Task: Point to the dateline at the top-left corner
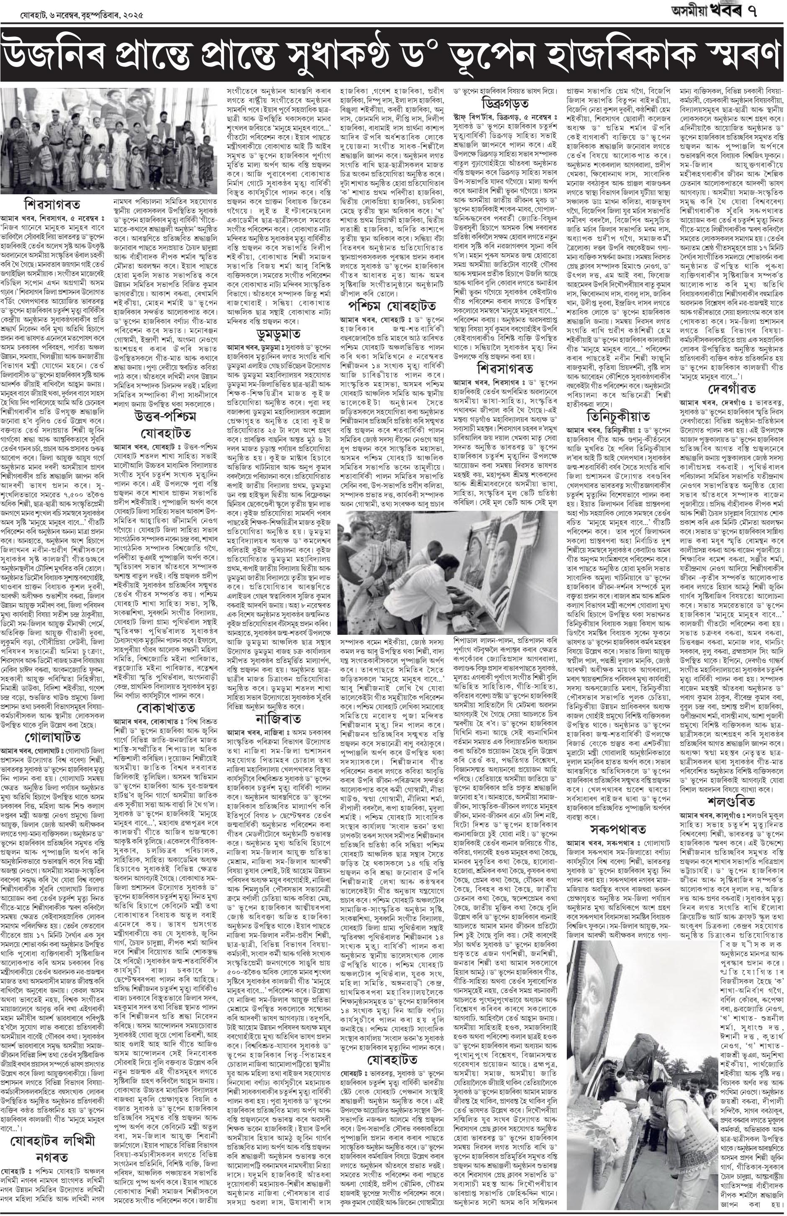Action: [72, 15]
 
